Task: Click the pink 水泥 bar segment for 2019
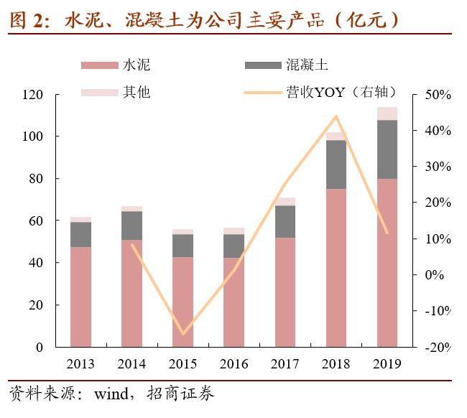click(x=387, y=262)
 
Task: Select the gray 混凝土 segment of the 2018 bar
click(x=336, y=164)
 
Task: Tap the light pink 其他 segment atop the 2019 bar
click(x=387, y=113)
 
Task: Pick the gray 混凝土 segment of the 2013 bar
click(x=80, y=234)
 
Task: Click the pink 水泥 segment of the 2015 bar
click(x=182, y=302)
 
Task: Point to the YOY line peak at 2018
click(x=336, y=116)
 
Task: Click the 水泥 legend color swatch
click(x=98, y=65)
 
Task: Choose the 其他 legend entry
click(x=137, y=92)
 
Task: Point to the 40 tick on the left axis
click(x=56, y=263)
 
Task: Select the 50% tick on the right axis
click(x=438, y=95)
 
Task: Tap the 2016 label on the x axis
click(x=234, y=363)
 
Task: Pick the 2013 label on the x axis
click(x=80, y=363)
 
